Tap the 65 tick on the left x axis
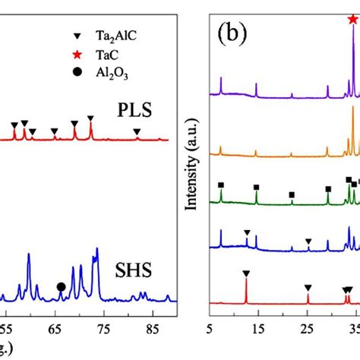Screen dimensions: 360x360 pyautogui.click(x=54, y=330)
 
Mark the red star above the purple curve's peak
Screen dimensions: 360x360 pyautogui.click(x=352, y=19)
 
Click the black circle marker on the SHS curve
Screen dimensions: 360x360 pyautogui.click(x=61, y=286)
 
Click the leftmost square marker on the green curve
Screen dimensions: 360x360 pyautogui.click(x=221, y=185)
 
